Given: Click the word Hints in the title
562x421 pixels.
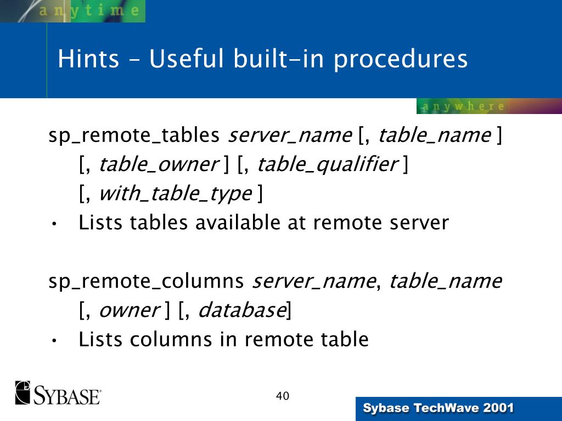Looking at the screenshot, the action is tap(88, 59).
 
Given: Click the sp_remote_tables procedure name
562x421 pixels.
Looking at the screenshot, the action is tap(134, 135).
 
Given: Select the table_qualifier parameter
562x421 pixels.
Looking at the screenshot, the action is tap(328, 164).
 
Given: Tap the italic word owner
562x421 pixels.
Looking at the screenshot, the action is tap(128, 311).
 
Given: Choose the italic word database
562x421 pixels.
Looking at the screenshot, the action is tap(240, 311).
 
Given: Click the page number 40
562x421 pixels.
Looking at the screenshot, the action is tap(282, 396).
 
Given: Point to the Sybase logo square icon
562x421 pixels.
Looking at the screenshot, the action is tap(24, 392).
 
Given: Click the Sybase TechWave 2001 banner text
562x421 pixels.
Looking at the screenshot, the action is tap(439, 408).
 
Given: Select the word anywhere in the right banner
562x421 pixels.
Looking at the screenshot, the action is tap(462, 106).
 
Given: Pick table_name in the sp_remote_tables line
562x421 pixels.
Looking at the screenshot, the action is tap(434, 135).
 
